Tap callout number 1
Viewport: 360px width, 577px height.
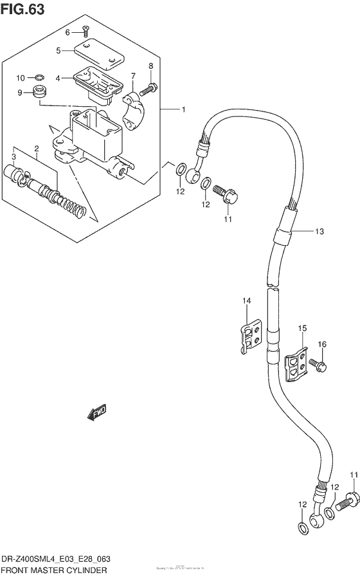183,110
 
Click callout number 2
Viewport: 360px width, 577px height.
37,149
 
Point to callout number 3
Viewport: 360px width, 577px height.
14,156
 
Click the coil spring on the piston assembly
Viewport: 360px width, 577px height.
73,206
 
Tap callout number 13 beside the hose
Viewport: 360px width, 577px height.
319,232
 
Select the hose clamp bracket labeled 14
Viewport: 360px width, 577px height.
249,336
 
